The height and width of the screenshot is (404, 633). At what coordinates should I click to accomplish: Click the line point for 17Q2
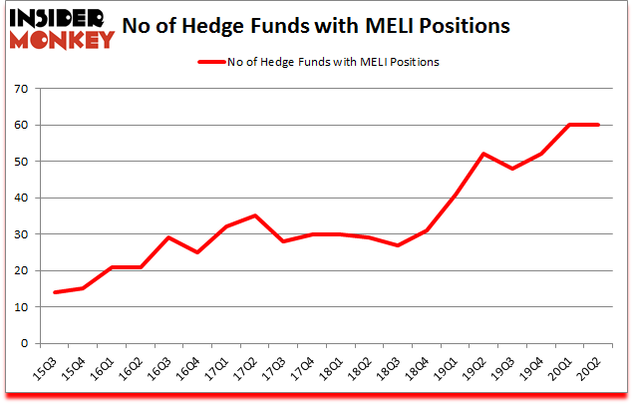pos(254,215)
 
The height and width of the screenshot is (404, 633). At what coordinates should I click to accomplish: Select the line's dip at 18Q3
pos(398,244)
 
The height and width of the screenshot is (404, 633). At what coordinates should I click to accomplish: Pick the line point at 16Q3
pos(168,237)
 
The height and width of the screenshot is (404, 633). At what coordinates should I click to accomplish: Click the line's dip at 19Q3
pos(513,169)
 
